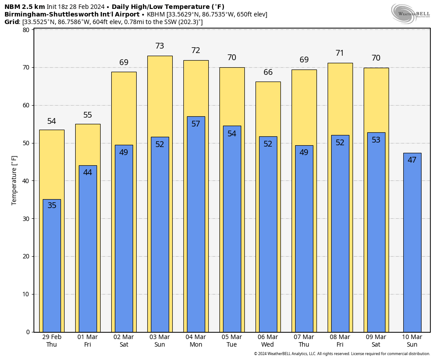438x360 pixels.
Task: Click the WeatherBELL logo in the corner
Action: tap(410, 13)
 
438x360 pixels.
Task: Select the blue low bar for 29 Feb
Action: tap(52, 267)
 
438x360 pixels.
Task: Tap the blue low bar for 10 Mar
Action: tap(412, 245)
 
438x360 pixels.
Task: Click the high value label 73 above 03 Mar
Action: tap(160, 46)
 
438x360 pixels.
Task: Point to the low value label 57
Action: tap(196, 124)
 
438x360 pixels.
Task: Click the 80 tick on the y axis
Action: tap(26, 30)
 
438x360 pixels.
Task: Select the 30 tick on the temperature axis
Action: tap(26, 219)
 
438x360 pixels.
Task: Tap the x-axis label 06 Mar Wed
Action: tap(268, 341)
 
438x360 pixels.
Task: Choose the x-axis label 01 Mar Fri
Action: tap(88, 341)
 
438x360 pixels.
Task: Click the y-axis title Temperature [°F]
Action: tap(14, 180)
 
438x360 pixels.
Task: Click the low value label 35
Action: tap(52, 205)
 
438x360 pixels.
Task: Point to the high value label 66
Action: tap(268, 72)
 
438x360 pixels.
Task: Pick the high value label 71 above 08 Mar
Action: tap(340, 53)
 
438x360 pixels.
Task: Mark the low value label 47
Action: tap(412, 160)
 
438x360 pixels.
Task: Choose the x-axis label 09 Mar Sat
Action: tap(376, 341)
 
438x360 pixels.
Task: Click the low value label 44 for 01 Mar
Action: tap(88, 172)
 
